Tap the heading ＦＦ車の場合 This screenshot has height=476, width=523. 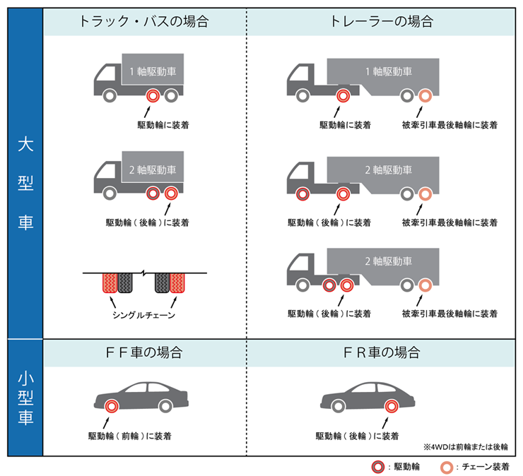pyautogui.click(x=144, y=351)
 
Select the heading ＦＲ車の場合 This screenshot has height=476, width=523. pyautogui.click(x=381, y=351)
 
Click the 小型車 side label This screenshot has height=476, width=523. pyautogui.click(x=25, y=399)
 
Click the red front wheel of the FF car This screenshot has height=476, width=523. pyautogui.click(x=111, y=406)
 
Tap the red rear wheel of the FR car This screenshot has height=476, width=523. pyautogui.click(x=391, y=406)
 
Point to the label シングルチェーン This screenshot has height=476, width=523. pyautogui.click(x=143, y=315)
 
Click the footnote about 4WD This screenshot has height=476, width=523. pyautogui.click(x=466, y=446)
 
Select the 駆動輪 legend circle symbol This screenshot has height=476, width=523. pyautogui.click(x=380, y=466)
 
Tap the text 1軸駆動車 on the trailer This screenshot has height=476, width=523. pyautogui.click(x=388, y=71)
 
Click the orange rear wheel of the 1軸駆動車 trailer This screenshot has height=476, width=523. pyautogui.click(x=425, y=96)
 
